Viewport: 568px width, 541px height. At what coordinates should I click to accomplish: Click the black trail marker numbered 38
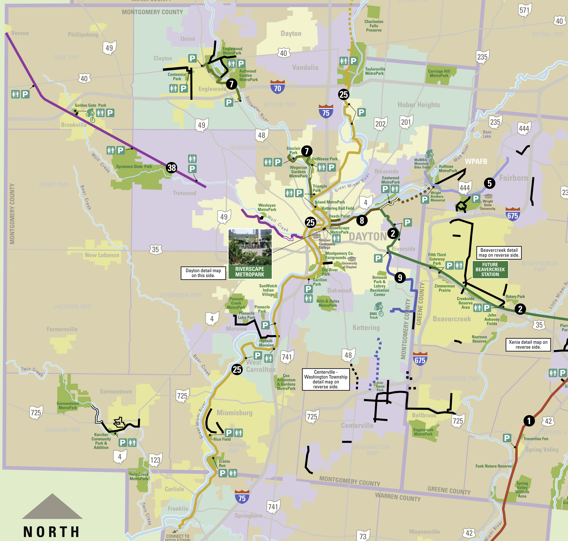[172, 168]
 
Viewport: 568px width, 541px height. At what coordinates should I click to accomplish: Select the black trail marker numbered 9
[400, 277]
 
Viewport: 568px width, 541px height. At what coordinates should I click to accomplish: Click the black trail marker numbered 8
[362, 220]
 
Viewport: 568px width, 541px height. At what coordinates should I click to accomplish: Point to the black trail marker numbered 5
[490, 183]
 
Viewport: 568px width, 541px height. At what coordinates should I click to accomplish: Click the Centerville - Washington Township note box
[326, 379]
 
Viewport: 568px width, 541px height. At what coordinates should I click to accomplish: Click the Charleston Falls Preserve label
[374, 26]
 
